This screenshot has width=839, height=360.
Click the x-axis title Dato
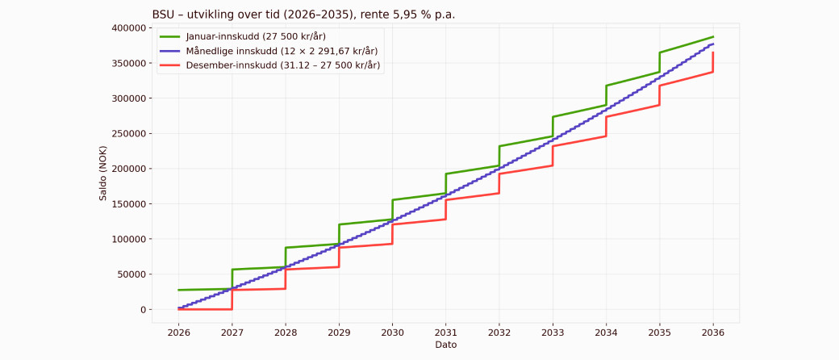click(445, 345)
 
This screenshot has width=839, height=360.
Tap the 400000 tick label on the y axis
click(128, 28)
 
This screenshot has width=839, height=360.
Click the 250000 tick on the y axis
click(128, 134)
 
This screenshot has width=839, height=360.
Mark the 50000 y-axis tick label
click(131, 274)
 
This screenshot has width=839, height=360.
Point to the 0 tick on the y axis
click(143, 310)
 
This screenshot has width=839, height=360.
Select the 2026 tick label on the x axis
click(178, 331)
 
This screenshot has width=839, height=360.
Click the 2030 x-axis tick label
click(392, 331)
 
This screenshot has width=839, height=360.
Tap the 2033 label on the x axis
click(553, 331)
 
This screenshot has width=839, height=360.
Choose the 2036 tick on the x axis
click(713, 331)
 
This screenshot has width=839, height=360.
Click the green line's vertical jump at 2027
click(232, 279)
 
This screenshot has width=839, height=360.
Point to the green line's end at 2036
click(713, 36)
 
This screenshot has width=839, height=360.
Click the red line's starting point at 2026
click(178, 309)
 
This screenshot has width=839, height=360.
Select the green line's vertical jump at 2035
click(660, 62)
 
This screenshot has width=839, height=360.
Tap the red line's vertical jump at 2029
click(339, 257)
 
